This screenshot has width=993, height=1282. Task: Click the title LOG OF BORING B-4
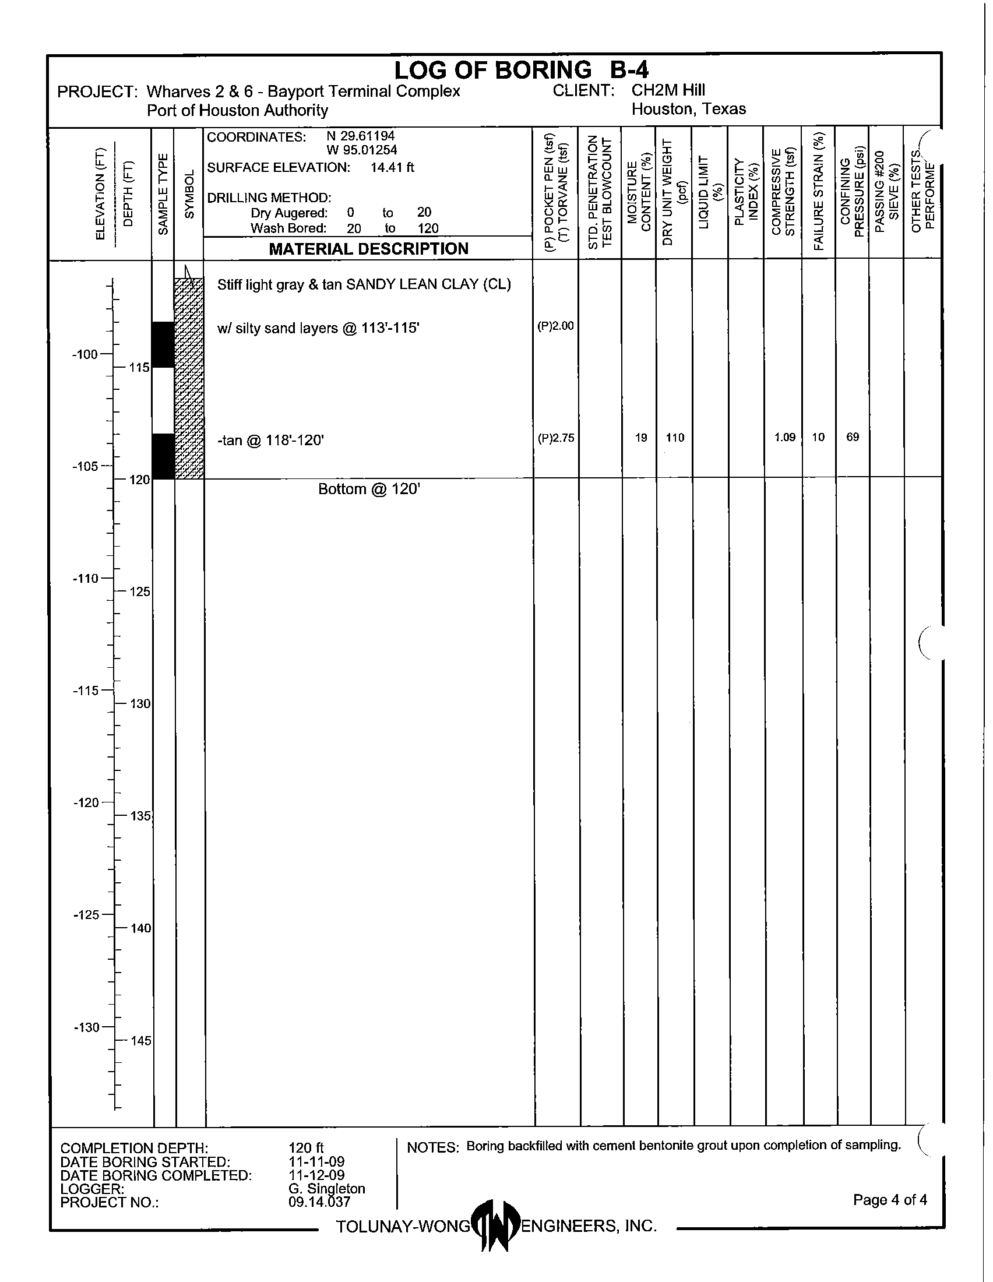click(x=521, y=71)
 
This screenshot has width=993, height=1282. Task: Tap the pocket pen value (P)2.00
click(x=555, y=326)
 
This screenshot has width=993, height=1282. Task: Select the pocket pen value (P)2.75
click(x=555, y=437)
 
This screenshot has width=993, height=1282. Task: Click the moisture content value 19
click(x=641, y=437)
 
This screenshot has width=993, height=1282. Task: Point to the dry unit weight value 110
click(x=675, y=437)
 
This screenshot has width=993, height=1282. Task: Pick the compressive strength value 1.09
click(x=784, y=437)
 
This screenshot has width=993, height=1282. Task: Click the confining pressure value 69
click(x=853, y=436)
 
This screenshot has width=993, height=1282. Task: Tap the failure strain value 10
click(x=818, y=437)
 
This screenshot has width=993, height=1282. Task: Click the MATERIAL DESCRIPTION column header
click(x=368, y=249)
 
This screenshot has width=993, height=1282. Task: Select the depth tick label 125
click(x=140, y=591)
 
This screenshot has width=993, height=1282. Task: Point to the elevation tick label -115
click(x=86, y=691)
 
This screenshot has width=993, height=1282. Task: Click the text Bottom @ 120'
click(x=369, y=489)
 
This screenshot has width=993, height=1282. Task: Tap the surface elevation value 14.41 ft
click(x=392, y=167)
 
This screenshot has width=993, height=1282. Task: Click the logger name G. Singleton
click(x=326, y=1188)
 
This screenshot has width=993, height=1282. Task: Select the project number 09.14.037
click(x=319, y=1202)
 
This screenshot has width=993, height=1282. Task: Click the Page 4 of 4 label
click(x=890, y=1200)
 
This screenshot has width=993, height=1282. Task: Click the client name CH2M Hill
click(x=668, y=90)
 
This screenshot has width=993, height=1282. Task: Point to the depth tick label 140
click(x=140, y=929)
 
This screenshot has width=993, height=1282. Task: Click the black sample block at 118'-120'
click(x=164, y=456)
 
